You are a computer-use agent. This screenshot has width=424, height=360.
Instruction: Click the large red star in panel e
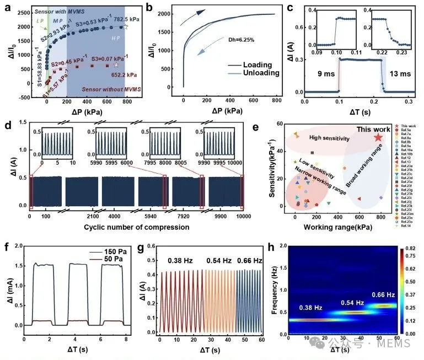tap(378, 138)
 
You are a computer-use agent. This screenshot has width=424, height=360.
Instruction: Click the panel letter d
tap(7, 122)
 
